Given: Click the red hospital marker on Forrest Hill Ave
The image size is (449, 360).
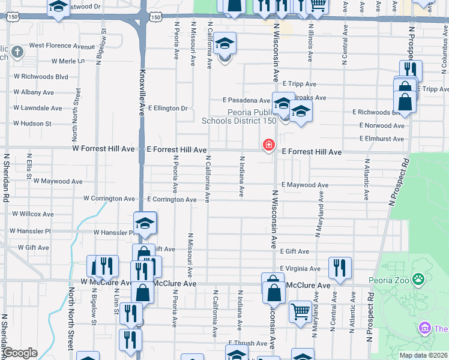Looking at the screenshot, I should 268,145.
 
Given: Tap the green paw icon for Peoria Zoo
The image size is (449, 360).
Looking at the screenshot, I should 418,279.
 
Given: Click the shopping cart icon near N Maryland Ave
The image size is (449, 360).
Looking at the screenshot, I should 300,311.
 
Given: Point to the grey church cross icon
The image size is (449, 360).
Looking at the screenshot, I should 17,52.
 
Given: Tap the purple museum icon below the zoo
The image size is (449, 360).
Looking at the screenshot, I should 425,328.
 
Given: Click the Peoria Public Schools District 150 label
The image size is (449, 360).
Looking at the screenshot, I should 238,116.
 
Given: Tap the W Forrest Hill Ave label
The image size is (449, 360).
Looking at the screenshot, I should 103,148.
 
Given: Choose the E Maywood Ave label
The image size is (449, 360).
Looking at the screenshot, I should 304,185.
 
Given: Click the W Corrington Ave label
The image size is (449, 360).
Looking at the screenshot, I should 109,198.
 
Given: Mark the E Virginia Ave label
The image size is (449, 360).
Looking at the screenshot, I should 300,269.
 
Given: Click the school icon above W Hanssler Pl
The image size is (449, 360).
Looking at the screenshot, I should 145,223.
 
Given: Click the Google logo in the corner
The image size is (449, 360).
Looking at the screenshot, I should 20,353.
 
